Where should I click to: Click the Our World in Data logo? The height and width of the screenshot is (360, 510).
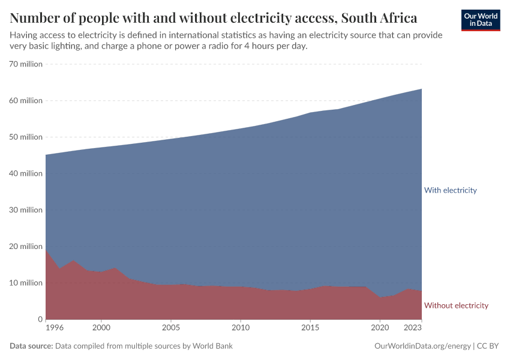[x=480, y=20]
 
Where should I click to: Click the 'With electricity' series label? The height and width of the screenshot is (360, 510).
[x=450, y=190]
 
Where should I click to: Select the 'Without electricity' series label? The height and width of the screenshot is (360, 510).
[x=456, y=305]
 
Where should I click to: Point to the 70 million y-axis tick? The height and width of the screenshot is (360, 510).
[x=26, y=64]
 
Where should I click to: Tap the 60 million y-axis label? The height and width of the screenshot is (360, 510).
[x=26, y=101]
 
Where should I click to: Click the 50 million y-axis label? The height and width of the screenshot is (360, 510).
[x=26, y=137]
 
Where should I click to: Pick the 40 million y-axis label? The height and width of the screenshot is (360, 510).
[x=26, y=173]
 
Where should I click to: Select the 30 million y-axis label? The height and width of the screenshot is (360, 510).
[x=26, y=210]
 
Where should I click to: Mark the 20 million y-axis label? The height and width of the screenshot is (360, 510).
[x=26, y=247]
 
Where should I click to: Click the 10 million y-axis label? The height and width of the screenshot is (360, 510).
[x=26, y=283]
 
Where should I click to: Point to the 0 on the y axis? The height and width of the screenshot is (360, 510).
[x=40, y=319]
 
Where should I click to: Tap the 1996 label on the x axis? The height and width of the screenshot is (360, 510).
[x=54, y=329]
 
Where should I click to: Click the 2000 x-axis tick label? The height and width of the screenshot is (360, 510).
[x=101, y=329]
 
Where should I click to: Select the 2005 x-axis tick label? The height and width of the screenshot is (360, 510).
[x=171, y=329]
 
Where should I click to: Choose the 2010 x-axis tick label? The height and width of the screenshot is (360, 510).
[x=241, y=329]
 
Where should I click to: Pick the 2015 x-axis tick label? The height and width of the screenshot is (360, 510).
[x=310, y=329]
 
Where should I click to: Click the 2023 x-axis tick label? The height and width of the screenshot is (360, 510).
[x=413, y=329]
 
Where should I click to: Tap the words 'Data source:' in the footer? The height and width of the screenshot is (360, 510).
[x=31, y=346]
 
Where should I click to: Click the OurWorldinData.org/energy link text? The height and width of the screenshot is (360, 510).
[x=422, y=346]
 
